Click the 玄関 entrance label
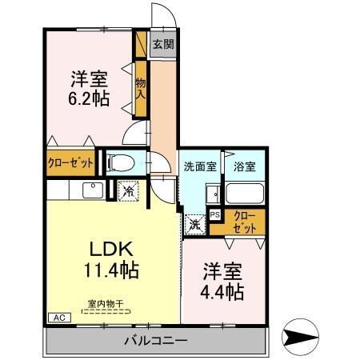[163, 44]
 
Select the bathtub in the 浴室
[245, 193]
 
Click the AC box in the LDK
[59, 318]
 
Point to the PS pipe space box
[215, 214]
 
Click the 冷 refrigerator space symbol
[129, 190]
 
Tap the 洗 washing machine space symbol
[195, 225]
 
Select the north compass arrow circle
[300, 337]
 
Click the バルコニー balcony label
[156, 341]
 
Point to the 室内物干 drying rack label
[106, 303]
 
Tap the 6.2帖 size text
[89, 98]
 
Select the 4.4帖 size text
[222, 292]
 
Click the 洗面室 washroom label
[200, 166]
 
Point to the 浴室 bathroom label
[245, 166]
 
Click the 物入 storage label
[141, 89]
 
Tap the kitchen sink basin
[93, 190]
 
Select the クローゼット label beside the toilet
[70, 162]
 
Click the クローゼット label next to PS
[245, 222]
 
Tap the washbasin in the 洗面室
[214, 194]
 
